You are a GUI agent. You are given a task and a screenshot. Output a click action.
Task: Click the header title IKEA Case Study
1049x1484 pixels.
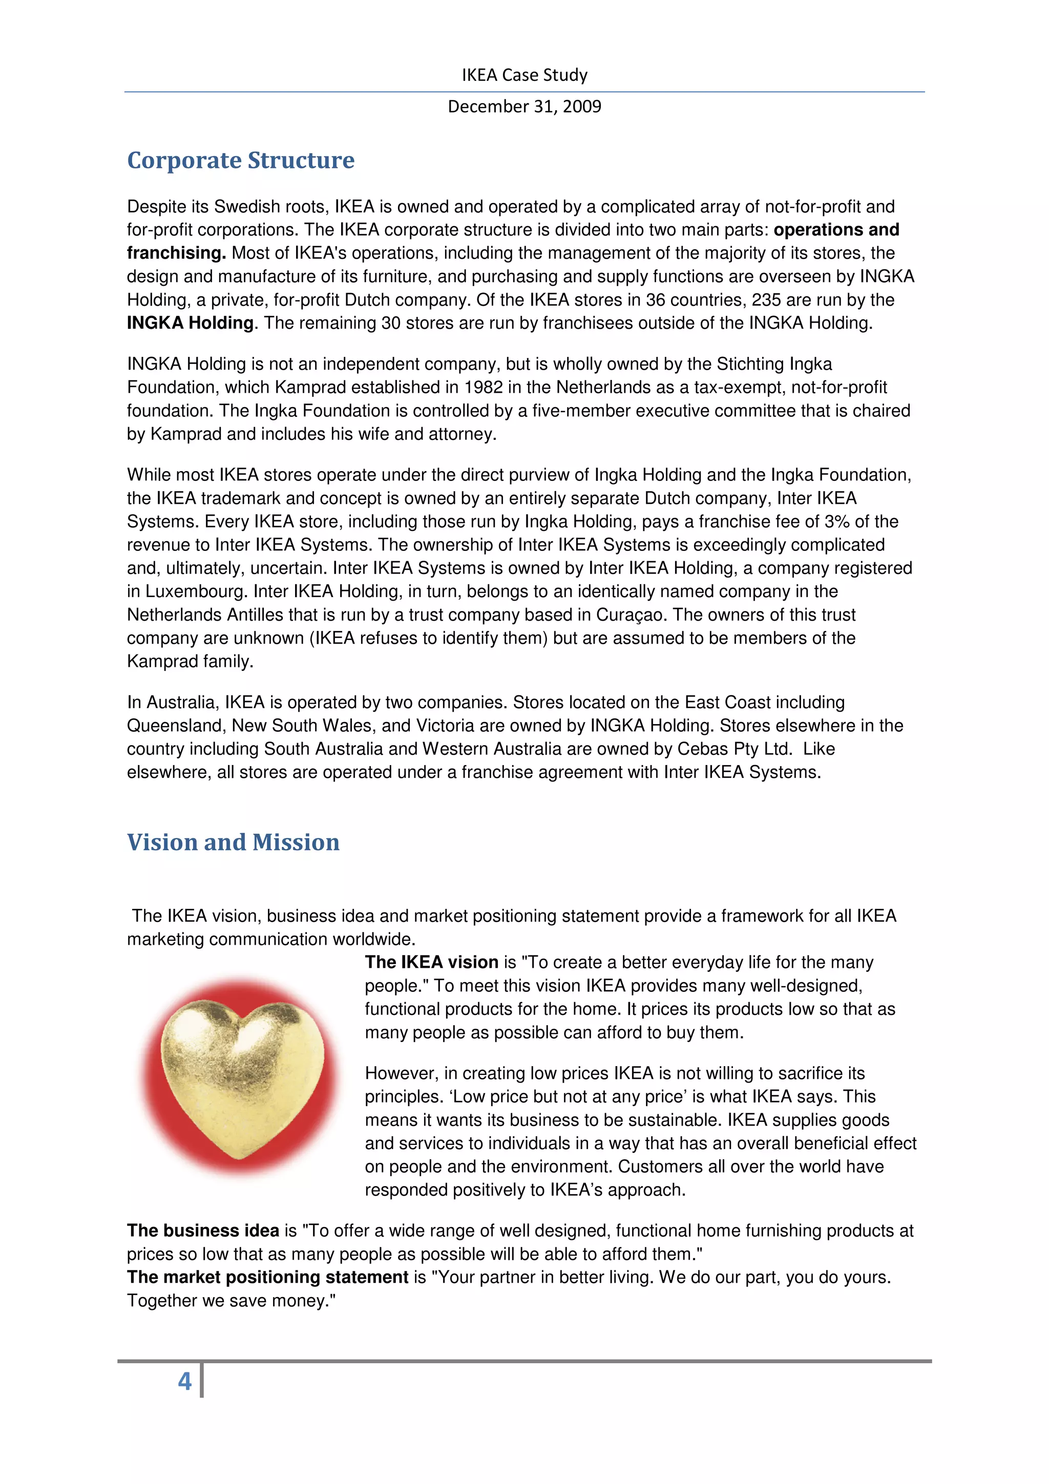pyautogui.click(x=524, y=75)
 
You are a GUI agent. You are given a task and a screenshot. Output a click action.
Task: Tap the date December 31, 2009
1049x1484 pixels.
pyautogui.click(x=524, y=106)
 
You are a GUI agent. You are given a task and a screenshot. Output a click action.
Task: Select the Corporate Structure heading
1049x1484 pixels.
pyautogui.click(x=240, y=160)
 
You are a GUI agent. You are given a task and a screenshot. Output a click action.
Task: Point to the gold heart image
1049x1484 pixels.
pyautogui.click(x=240, y=1077)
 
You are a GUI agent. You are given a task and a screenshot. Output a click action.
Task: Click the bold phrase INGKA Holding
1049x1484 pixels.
pyautogui.click(x=191, y=323)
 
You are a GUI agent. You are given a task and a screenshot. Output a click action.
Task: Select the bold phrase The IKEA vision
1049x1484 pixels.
pyautogui.click(x=431, y=962)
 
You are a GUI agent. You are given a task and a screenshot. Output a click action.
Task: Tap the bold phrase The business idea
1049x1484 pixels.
pyautogui.click(x=203, y=1231)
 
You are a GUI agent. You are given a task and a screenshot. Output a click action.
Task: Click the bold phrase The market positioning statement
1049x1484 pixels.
pyautogui.click(x=267, y=1277)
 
